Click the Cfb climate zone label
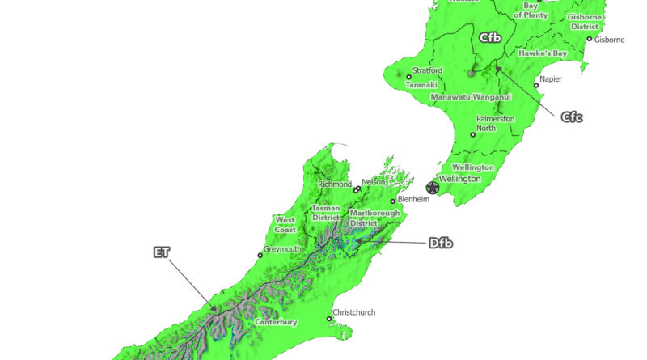(490, 37)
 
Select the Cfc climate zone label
(572, 117)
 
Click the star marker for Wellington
(433, 188)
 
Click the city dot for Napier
(536, 85)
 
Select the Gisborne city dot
(590, 39)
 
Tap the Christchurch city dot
(328, 319)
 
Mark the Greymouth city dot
(260, 256)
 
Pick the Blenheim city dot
(393, 201)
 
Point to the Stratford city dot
(408, 77)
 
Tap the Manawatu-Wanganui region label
(472, 97)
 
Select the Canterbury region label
(277, 322)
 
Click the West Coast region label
(285, 224)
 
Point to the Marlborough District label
(375, 218)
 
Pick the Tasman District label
(326, 213)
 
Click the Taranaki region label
(421, 84)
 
